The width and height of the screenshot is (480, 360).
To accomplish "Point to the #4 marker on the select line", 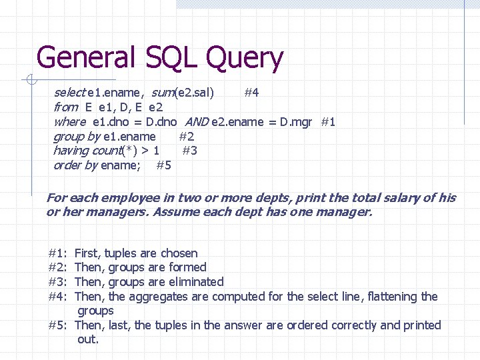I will pyautogui.click(x=251, y=92).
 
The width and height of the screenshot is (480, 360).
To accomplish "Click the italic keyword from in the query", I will pyautogui.click(x=65, y=107).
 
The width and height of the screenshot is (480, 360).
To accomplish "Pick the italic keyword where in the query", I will pyautogui.click(x=69, y=121).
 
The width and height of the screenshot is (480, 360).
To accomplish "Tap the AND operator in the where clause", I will pyautogui.click(x=196, y=121).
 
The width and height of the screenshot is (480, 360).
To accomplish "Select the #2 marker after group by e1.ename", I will pyautogui.click(x=187, y=136).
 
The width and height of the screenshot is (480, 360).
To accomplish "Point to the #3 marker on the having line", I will pyautogui.click(x=189, y=151).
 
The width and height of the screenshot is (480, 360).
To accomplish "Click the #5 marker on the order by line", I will pyautogui.click(x=163, y=165).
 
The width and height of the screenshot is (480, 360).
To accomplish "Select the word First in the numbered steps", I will pyautogui.click(x=86, y=253).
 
